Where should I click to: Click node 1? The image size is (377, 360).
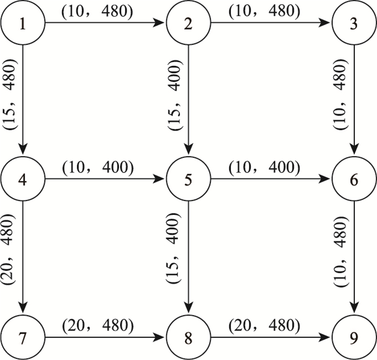click(22, 23)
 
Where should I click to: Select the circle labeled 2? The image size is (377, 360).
click(187, 23)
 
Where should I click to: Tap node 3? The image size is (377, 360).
click(354, 23)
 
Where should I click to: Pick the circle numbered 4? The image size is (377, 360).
click(22, 180)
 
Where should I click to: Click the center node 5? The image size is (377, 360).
click(187, 180)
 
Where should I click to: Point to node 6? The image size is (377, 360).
click(354, 180)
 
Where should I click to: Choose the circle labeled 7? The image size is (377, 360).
click(22, 337)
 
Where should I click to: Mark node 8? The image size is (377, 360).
click(187, 337)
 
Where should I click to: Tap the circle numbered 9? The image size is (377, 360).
click(354, 337)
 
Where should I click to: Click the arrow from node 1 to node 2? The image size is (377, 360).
click(105, 23)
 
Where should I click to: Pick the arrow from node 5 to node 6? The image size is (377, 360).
click(270, 180)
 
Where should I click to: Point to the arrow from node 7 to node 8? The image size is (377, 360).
click(105, 337)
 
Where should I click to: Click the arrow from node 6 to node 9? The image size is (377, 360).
click(354, 259)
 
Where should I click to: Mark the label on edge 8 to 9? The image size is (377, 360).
click(264, 325)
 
